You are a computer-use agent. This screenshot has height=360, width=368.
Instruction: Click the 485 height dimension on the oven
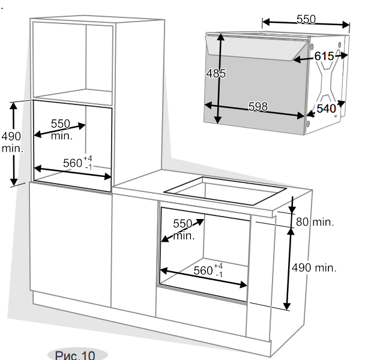point(216,73)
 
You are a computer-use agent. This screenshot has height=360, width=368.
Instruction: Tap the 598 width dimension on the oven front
point(258,106)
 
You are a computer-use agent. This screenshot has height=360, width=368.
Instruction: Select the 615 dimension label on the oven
point(324,56)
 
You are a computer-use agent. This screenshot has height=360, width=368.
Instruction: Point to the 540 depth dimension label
point(326,109)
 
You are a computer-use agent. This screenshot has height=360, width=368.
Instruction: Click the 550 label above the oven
point(306,19)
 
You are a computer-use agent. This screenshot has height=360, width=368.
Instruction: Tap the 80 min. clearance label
point(315,222)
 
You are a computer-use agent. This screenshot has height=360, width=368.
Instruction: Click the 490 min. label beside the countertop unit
point(314,268)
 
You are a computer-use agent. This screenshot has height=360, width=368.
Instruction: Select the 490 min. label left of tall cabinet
point(12,142)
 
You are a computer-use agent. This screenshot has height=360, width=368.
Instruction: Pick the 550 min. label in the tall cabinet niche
point(61,130)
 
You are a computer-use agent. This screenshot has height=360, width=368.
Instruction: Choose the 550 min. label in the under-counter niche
point(184,230)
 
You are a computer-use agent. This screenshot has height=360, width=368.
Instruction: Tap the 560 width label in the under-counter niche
point(204,271)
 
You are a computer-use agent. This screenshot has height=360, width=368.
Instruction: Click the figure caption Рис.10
point(75,355)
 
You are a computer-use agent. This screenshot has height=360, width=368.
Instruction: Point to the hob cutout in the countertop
point(225,191)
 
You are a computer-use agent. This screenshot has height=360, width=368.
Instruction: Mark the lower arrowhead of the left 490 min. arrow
point(14,182)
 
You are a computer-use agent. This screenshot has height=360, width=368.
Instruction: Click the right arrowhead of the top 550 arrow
point(346,25)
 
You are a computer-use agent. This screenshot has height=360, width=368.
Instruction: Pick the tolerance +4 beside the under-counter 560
point(219,266)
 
